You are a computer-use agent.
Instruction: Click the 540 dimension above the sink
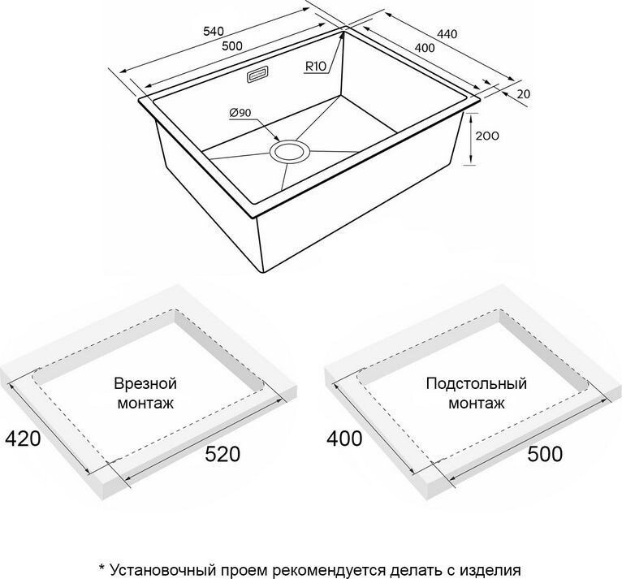213,31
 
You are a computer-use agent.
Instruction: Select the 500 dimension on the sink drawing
232,46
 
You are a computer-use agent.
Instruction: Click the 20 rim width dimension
523,95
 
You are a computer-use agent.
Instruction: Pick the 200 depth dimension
486,136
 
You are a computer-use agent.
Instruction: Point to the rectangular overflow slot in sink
258,75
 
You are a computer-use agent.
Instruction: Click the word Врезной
145,383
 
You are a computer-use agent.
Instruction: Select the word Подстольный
476,383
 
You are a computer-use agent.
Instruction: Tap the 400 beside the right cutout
344,439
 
